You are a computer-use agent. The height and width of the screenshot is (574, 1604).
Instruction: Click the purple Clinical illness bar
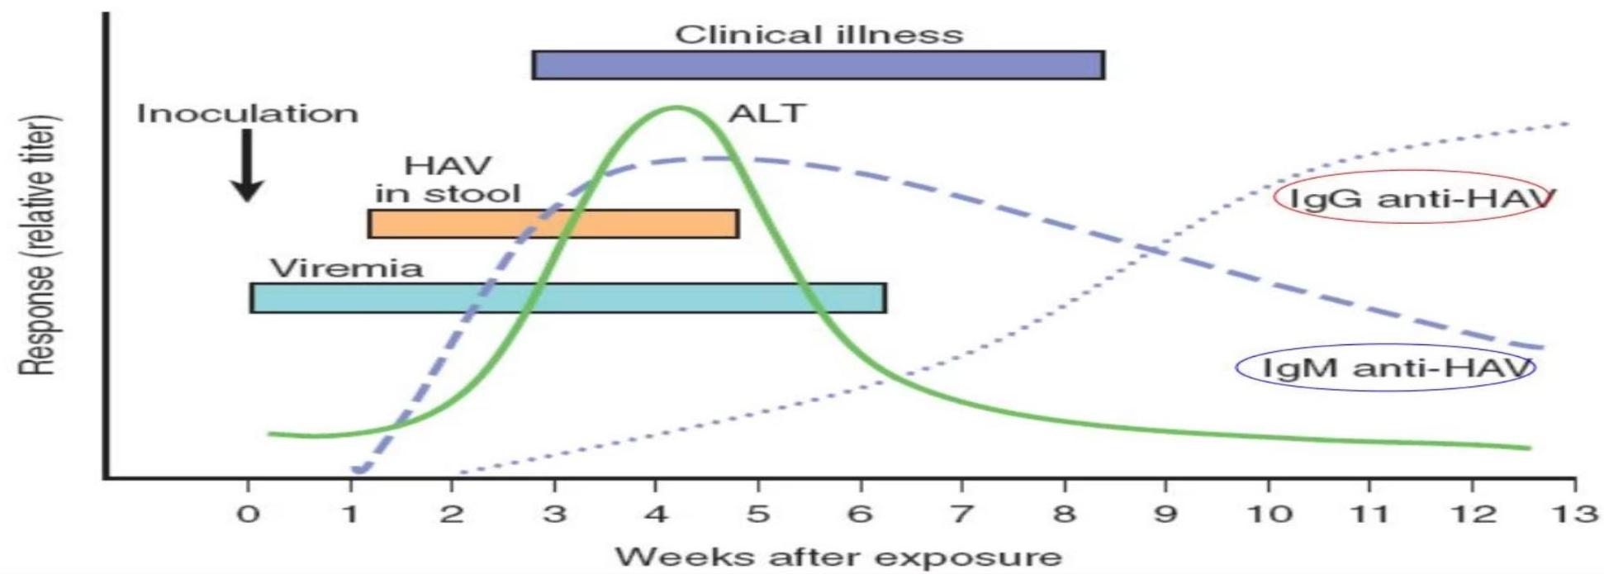point(818,65)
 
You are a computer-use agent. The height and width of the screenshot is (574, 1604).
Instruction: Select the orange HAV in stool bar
point(553,224)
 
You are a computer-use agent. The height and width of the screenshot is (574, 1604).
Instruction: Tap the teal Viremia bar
point(568,298)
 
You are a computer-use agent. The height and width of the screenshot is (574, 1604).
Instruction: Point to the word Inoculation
point(248,113)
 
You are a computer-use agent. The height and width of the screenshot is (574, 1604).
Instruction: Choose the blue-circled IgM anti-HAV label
point(1385,368)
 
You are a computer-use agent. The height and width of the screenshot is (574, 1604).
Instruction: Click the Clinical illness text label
point(819,35)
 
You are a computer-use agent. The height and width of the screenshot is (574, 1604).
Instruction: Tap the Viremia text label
point(347,268)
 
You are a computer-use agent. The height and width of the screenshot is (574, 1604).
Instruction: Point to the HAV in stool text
point(448,179)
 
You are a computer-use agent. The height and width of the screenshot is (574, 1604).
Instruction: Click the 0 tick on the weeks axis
point(248,515)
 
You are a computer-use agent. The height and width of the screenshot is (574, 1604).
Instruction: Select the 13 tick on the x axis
point(1574,515)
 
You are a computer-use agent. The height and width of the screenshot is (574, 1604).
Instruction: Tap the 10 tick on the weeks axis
point(1268,515)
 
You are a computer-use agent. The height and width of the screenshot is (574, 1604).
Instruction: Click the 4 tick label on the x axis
point(657,515)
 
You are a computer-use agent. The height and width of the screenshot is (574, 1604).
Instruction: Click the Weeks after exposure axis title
point(838,556)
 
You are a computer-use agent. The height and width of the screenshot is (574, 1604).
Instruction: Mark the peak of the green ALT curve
point(677,107)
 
